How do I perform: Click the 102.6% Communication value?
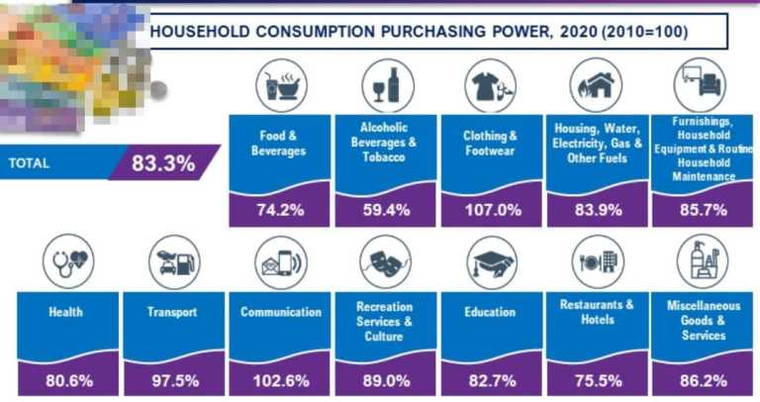coord(281,380)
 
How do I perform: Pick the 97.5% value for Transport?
coord(174,380)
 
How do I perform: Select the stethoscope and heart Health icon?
coord(67,261)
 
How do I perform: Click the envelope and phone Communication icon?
coord(279,261)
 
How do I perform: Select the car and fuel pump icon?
coord(174,261)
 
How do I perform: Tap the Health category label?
coord(65,312)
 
